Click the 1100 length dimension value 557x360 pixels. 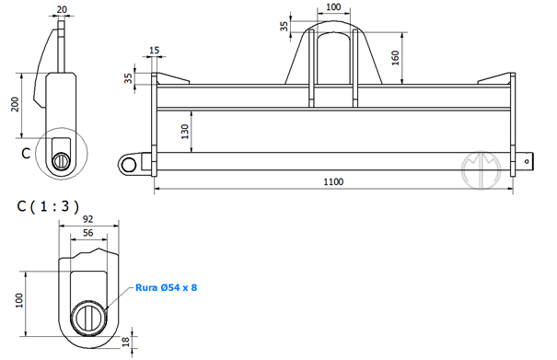point(333,181)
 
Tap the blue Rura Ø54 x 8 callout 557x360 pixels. point(167,287)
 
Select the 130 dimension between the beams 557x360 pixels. point(185,132)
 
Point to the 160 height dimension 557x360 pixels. point(395,58)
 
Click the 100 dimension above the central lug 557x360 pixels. point(333,6)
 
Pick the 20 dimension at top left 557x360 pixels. point(62,9)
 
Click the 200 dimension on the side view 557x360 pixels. point(15,104)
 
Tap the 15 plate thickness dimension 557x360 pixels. point(154,50)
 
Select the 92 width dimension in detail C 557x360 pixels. point(88,219)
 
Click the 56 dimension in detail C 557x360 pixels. point(88,233)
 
